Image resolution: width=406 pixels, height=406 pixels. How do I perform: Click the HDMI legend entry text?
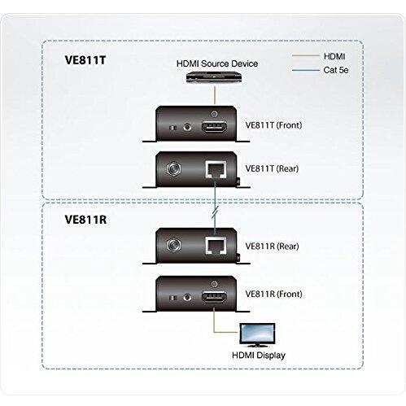tap(334, 55)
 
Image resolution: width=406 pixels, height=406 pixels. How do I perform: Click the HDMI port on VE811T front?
tap(213, 127)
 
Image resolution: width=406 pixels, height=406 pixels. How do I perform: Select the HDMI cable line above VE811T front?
tap(213, 96)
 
